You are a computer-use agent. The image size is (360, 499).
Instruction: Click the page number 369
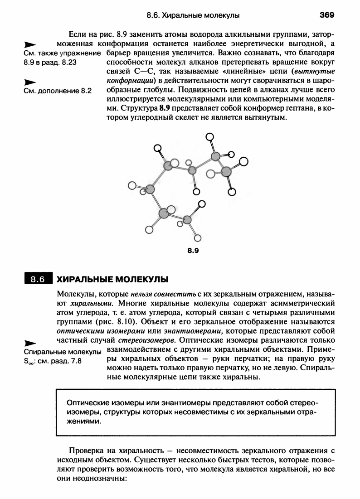coord(326,15)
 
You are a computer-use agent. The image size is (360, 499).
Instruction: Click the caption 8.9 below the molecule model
coord(193,250)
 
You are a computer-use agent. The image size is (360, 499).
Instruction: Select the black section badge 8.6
coord(38,279)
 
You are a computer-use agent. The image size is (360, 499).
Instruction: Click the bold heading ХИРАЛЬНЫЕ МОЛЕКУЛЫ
coord(112,279)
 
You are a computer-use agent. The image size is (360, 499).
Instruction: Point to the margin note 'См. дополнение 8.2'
coord(58,91)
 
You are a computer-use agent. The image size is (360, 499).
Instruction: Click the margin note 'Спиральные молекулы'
coord(62,352)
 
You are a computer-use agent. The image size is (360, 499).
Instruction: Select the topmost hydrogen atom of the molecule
coord(209,136)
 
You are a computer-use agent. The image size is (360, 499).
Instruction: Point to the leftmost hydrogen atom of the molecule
coord(132,185)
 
